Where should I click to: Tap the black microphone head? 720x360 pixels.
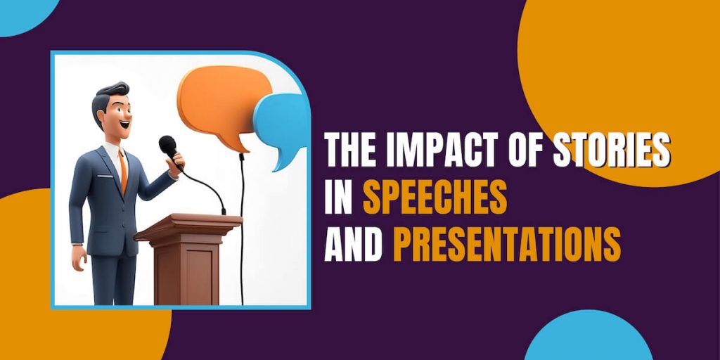[x=167, y=146]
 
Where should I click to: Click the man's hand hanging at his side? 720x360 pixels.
[x=78, y=258]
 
